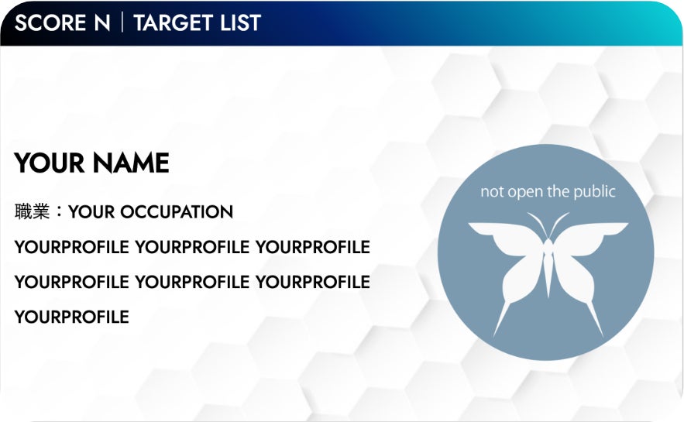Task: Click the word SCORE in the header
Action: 50,22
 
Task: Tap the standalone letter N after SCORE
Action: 102,22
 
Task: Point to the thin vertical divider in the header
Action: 122,22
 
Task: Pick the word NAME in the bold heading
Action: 131,163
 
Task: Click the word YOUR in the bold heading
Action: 50,163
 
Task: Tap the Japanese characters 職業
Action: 32,211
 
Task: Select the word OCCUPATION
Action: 177,212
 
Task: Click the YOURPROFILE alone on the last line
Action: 71,317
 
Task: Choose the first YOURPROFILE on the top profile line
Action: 71,247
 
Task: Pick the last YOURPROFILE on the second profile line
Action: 312,282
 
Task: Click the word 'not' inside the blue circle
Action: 492,192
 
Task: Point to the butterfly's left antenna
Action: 537,224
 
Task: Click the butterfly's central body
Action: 548,266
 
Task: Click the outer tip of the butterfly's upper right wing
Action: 627,224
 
